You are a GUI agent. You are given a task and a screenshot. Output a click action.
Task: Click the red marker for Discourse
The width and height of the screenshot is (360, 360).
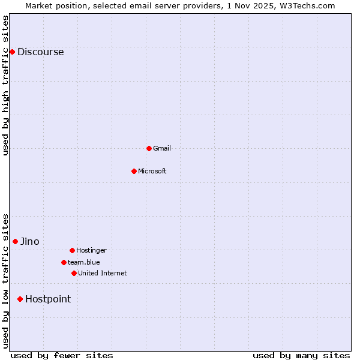tap(12, 52)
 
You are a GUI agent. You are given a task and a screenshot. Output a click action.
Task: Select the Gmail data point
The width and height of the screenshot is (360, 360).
tap(149, 148)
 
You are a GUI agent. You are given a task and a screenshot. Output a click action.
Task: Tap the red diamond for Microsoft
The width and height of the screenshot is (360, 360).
tap(134, 171)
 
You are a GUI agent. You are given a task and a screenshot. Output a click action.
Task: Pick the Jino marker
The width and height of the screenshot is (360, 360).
tap(15, 241)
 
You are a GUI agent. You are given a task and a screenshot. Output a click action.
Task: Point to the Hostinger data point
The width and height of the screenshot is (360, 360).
tap(72, 250)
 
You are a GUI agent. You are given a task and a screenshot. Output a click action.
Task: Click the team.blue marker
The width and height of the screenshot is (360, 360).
tap(64, 262)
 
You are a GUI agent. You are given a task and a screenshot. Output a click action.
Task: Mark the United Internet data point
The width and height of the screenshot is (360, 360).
tap(74, 273)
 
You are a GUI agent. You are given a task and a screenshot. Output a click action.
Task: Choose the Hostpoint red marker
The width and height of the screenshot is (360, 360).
tap(20, 299)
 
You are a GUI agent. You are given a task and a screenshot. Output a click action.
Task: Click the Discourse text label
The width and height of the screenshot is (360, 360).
tap(40, 52)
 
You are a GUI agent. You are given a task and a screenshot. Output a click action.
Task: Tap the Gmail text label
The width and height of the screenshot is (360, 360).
tap(162, 148)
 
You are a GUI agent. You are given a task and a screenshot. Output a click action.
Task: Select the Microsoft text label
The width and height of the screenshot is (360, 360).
tap(152, 171)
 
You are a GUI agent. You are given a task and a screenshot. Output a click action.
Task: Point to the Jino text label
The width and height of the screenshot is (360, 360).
tap(30, 241)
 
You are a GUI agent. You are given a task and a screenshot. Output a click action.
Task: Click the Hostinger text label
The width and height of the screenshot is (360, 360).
tap(91, 250)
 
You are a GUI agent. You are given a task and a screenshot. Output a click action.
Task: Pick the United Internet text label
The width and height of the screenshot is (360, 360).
tap(102, 273)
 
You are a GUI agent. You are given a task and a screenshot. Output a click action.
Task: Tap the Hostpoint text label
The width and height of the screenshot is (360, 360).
tap(48, 299)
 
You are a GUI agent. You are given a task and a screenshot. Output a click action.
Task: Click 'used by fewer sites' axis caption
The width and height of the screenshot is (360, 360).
tap(62, 355)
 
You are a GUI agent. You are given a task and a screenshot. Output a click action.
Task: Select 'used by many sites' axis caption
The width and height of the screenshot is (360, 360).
tap(301, 355)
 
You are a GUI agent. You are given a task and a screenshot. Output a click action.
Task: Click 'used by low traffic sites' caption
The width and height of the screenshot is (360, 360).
tap(5, 281)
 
